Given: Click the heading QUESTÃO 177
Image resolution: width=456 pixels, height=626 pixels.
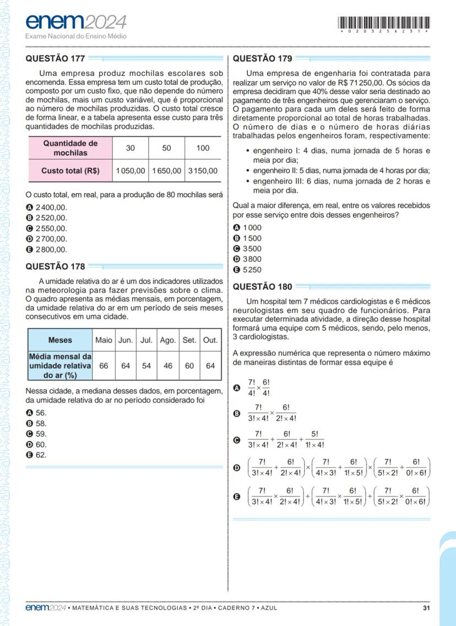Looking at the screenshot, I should point(56,58).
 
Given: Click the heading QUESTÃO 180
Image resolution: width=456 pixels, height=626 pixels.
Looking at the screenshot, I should point(263,286).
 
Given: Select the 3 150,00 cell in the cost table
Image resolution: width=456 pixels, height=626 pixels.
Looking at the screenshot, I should point(203,171).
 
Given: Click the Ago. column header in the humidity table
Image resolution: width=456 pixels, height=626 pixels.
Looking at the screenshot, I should point(167,340).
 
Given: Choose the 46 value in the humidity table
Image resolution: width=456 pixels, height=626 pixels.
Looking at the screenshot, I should point(167,366).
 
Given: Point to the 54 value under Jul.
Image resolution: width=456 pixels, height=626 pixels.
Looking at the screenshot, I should point(146,366).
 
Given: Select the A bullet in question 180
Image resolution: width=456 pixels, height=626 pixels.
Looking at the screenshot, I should point(237,388).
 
